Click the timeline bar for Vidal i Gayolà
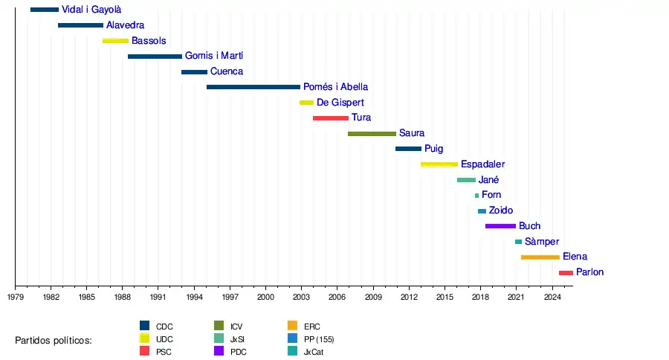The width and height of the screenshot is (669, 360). point(45,10)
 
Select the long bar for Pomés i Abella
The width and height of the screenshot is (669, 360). point(253,87)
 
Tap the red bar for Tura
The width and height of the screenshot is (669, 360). point(331,118)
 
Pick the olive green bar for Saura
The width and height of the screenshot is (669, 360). point(372,134)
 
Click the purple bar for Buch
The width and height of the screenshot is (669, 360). point(500,226)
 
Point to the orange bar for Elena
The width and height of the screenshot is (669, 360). point(540,257)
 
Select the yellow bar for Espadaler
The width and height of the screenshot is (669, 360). point(439,164)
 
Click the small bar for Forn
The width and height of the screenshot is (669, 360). point(477,196)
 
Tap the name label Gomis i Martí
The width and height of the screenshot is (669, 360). point(214,56)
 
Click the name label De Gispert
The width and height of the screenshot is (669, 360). point(340,103)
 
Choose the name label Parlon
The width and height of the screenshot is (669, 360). point(589,272)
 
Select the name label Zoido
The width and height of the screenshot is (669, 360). point(501,210)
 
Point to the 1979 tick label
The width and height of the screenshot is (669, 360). point(16,297)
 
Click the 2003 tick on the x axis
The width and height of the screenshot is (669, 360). point(301,297)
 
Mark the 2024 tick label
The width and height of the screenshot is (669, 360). point(552,297)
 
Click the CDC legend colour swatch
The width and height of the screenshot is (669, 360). point(145,325)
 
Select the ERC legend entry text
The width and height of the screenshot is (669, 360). point(312,326)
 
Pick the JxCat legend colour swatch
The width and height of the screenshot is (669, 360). point(293,350)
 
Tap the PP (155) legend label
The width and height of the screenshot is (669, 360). point(319,339)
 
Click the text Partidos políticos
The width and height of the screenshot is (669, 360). point(54,340)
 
